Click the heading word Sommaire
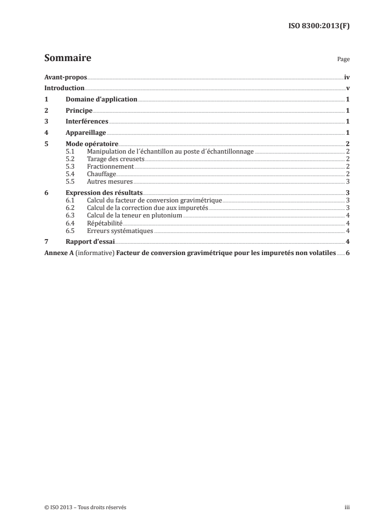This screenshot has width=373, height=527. point(67,59)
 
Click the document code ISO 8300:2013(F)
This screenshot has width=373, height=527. point(318,26)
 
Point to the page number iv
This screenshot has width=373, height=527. point(347,77)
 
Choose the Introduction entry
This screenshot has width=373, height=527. point(64,88)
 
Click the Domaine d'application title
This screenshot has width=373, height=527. point(101,100)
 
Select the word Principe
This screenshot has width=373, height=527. point(79,111)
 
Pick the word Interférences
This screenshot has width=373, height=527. point(87,122)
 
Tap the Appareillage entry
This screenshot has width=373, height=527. point(86,133)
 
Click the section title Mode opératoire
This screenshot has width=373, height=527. point(92,144)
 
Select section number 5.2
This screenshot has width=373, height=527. point(70,159)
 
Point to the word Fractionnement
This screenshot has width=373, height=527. point(111,166)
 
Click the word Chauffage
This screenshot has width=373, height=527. point(102,174)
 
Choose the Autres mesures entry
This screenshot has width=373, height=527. point(110,181)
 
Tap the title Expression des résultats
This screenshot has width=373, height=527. point(104,193)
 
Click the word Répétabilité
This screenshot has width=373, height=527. point(105,223)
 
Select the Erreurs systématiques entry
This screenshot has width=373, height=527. point(120,230)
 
